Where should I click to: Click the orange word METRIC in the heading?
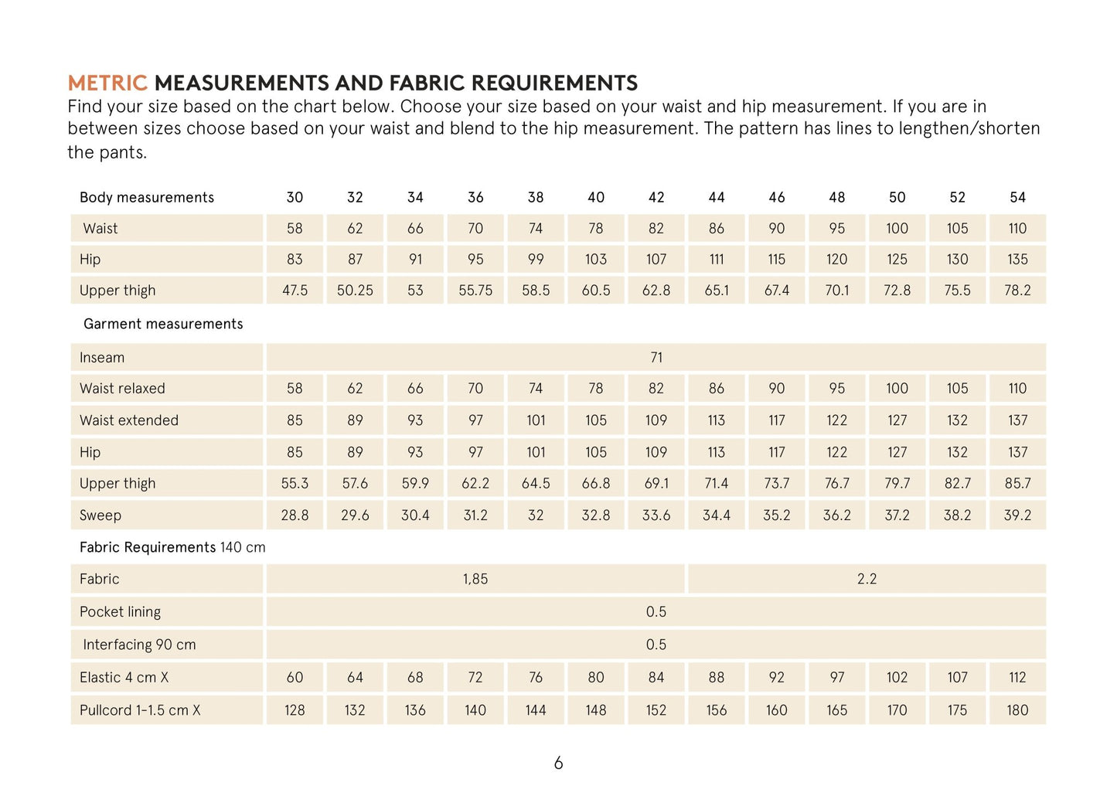tap(107, 83)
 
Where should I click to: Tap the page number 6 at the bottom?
tap(558, 764)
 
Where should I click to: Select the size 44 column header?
tap(717, 198)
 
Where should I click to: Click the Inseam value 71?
tap(656, 358)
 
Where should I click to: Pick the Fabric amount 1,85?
tap(475, 579)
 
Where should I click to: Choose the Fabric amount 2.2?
tap(867, 579)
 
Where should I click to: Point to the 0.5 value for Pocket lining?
tap(656, 612)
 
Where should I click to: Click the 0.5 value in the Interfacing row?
tap(656, 645)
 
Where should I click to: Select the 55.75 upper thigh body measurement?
tap(475, 291)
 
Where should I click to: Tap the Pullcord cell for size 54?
tap(1017, 710)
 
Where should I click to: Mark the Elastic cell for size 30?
tap(295, 678)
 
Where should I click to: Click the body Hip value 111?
tap(717, 260)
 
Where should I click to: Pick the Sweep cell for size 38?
tap(536, 515)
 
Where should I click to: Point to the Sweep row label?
tap(100, 515)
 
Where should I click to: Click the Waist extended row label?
tap(129, 420)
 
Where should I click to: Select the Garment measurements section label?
tap(163, 324)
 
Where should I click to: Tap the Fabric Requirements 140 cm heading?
tap(172, 547)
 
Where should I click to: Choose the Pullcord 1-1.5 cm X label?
tap(140, 710)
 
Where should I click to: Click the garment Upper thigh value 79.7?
tap(897, 484)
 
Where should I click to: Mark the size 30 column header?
tap(295, 198)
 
